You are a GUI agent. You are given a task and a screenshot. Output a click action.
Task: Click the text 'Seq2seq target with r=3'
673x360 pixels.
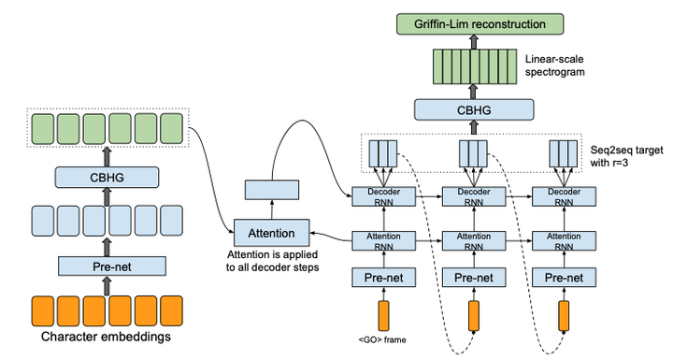pos(621,157)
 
